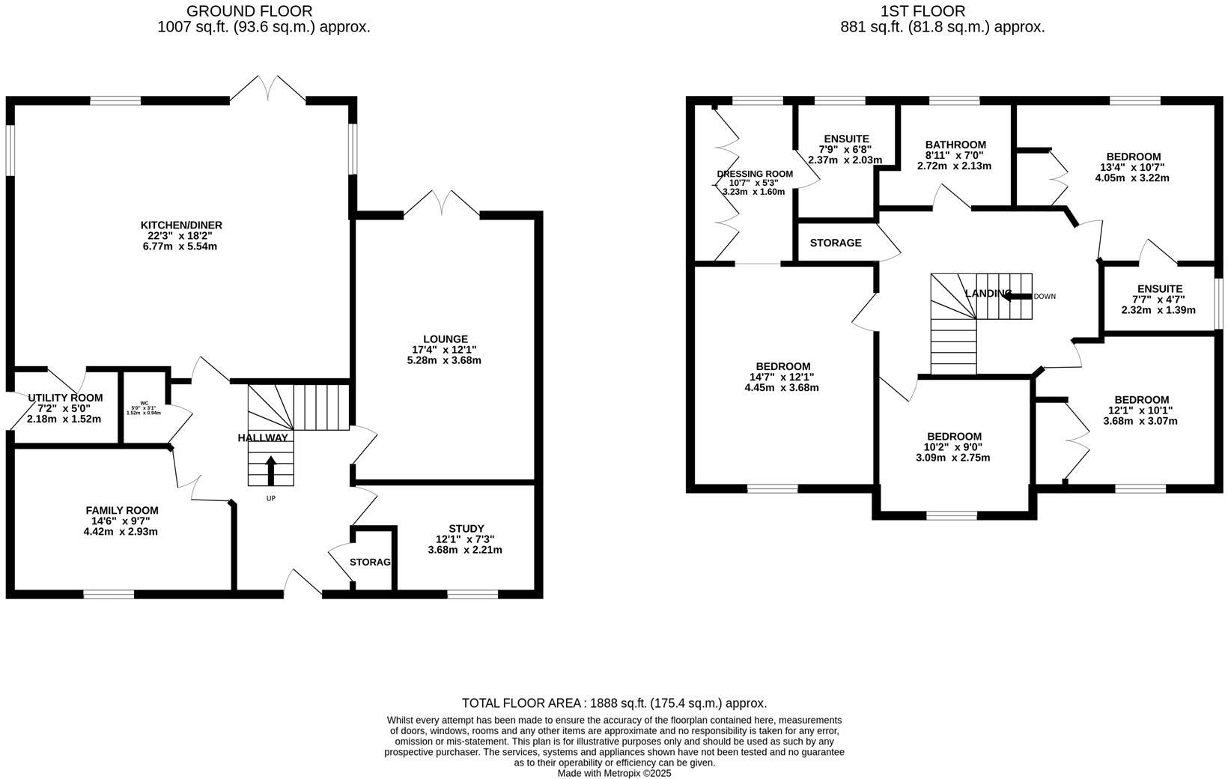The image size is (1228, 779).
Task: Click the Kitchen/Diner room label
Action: click(181, 225)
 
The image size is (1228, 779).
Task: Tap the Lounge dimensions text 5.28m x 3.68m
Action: click(444, 360)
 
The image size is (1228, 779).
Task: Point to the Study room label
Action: click(466, 528)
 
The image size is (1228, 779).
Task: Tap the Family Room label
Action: click(121, 510)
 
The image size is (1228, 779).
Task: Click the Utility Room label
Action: click(65, 398)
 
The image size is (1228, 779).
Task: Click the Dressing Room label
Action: click(754, 174)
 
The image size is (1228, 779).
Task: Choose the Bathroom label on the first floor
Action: click(955, 145)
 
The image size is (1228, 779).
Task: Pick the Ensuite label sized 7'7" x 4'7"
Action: click(1159, 288)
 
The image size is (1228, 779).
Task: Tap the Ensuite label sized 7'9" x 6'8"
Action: click(846, 139)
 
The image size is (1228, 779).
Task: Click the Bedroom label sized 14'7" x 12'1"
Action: click(782, 366)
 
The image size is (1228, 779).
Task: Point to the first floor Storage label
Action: click(836, 243)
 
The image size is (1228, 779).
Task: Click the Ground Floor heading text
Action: click(249, 11)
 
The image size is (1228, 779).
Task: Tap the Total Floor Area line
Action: click(614, 703)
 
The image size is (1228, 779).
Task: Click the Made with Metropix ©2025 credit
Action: click(614, 773)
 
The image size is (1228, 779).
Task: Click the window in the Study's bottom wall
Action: click(472, 594)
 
